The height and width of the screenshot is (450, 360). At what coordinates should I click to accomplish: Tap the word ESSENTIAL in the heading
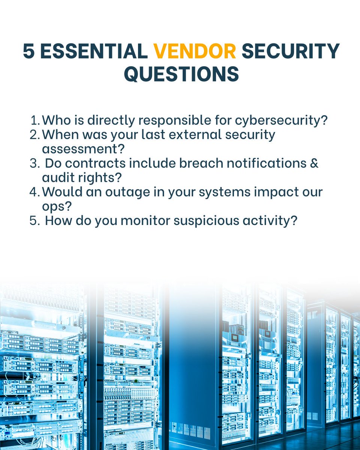[94, 51]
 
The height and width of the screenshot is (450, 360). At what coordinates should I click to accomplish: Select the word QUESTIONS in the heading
[181, 74]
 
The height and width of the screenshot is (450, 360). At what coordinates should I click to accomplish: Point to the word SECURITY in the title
[290, 51]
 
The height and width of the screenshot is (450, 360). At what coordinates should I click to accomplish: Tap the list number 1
[34, 120]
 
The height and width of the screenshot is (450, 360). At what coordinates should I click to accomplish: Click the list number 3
[34, 163]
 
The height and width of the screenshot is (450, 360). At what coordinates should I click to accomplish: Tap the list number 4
[34, 192]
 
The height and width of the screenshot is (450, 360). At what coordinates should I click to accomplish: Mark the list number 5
[34, 220]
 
